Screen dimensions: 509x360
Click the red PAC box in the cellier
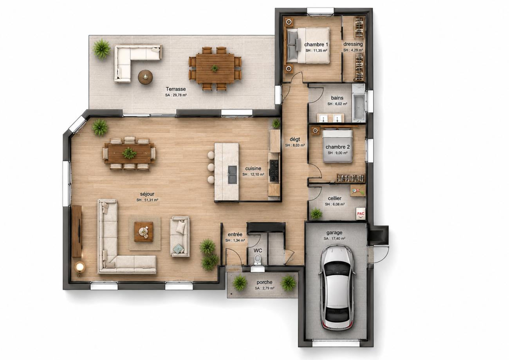(361, 214)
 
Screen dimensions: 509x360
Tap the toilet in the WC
(258, 259)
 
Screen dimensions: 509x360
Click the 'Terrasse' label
(176, 89)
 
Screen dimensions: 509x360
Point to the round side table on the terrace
(145, 77)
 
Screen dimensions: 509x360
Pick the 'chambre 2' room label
(338, 147)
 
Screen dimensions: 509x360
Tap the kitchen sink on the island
(233, 175)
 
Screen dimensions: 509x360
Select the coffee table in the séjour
(143, 232)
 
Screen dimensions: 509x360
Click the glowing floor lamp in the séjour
(80, 268)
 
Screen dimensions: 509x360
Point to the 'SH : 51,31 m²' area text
(147, 200)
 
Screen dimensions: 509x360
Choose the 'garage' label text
(334, 233)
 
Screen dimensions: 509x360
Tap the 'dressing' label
(353, 44)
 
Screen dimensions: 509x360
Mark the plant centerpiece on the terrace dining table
(214, 68)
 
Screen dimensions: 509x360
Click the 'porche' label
(264, 282)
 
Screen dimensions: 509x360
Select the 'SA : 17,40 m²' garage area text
(334, 239)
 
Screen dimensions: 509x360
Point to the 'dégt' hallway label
(295, 139)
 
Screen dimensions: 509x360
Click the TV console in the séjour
(77, 231)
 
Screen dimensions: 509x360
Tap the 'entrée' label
(235, 234)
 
